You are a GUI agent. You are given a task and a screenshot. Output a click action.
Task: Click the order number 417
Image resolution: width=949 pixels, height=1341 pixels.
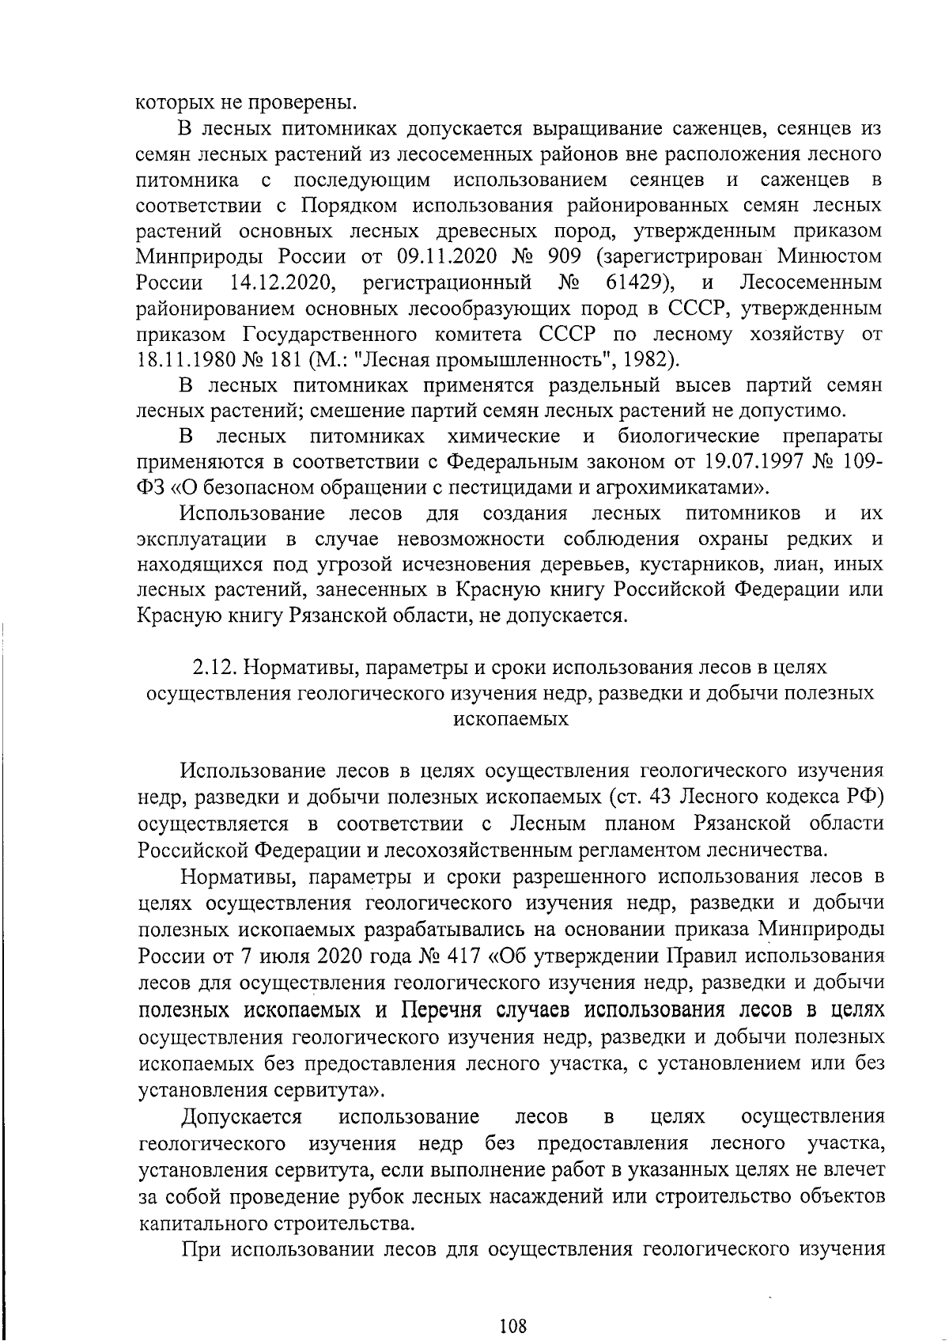point(463,956)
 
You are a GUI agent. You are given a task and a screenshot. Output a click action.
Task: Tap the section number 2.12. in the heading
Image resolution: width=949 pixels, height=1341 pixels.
point(214,666)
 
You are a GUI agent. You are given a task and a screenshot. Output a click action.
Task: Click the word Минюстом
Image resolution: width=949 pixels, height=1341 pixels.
point(830,256)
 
